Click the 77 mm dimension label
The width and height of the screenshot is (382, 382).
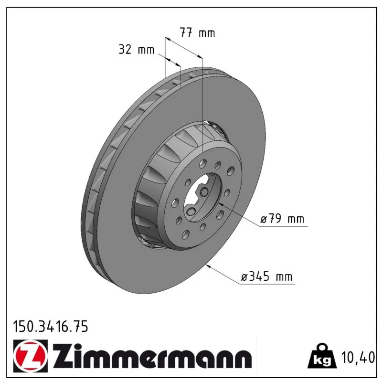coord(197,33)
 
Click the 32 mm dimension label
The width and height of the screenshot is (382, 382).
coord(137,50)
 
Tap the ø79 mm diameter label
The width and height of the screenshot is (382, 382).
coord(282,219)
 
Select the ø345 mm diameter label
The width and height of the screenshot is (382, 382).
coord(266,277)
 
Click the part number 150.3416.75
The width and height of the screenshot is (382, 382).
coord(51,327)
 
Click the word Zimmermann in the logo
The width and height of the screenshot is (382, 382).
coord(152,356)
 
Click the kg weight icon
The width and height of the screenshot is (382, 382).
coord(322,356)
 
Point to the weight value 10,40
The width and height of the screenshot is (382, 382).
coord(358,358)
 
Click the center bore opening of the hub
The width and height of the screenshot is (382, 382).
coord(202,197)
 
